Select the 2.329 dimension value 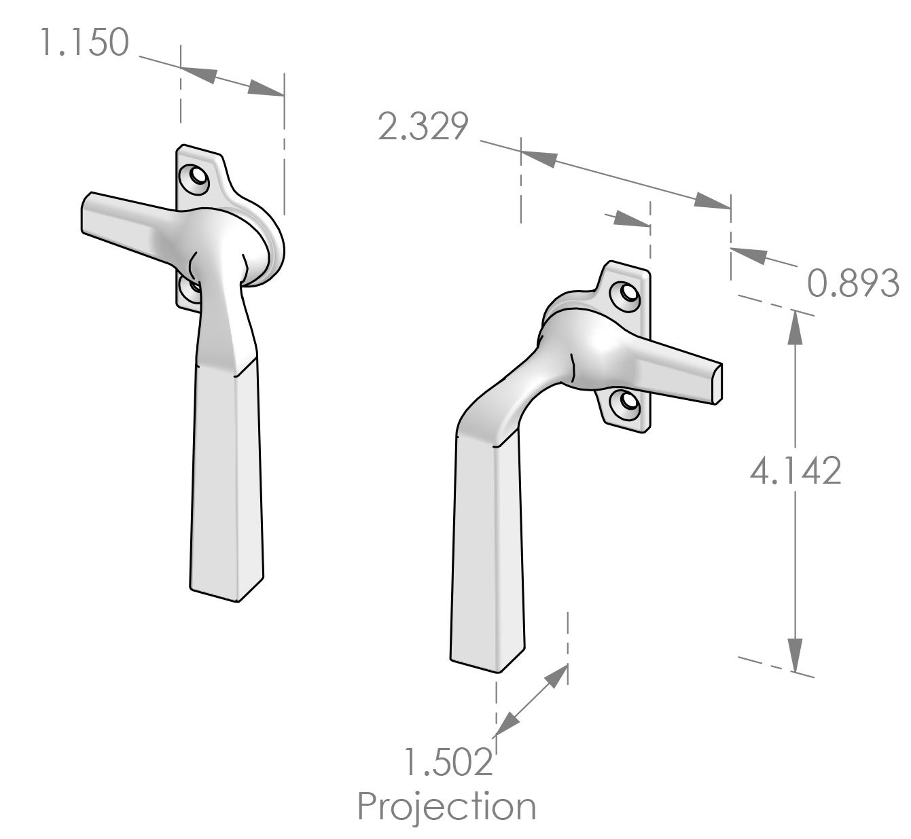pos(423,127)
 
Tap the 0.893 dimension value pos(853,283)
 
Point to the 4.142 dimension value pos(796,470)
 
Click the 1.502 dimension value pos(448,762)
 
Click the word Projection pos(447,806)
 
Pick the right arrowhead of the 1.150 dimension pos(265,89)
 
